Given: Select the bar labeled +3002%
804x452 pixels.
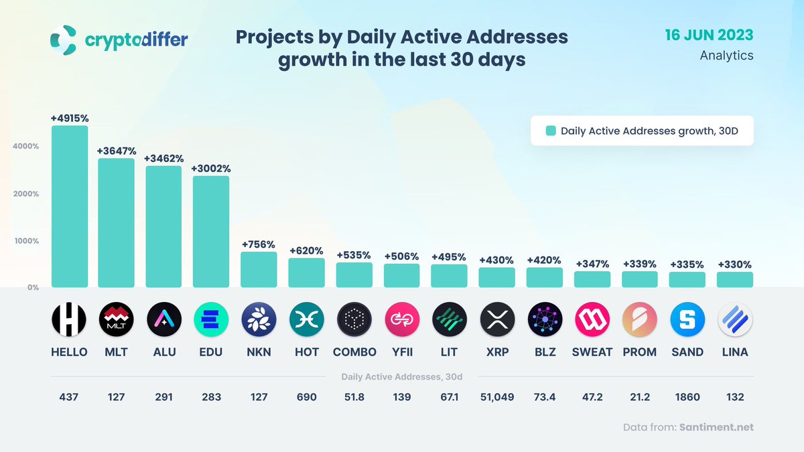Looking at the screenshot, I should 211,231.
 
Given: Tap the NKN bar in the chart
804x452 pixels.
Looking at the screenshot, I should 259,269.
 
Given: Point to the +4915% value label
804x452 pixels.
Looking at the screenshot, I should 70,118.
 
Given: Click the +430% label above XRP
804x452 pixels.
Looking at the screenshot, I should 496,260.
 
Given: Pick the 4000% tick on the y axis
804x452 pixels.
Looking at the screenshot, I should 27,146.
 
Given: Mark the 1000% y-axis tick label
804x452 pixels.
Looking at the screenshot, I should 27,240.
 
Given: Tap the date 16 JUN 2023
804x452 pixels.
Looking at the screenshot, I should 709,35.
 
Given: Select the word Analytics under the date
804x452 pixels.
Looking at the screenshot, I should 726,56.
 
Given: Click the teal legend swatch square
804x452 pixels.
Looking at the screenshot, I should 551,131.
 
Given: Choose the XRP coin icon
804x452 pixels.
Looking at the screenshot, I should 496,320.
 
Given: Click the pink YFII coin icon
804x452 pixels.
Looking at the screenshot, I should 401,320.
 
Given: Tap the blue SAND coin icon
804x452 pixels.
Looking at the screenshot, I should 687,320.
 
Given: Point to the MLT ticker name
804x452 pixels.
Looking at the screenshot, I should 117,352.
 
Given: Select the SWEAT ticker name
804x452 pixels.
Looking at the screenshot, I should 592,352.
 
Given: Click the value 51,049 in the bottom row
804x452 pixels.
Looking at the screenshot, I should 496,397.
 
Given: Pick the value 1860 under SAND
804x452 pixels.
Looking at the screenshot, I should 687,397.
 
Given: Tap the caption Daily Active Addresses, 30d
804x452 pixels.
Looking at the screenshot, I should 401,377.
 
